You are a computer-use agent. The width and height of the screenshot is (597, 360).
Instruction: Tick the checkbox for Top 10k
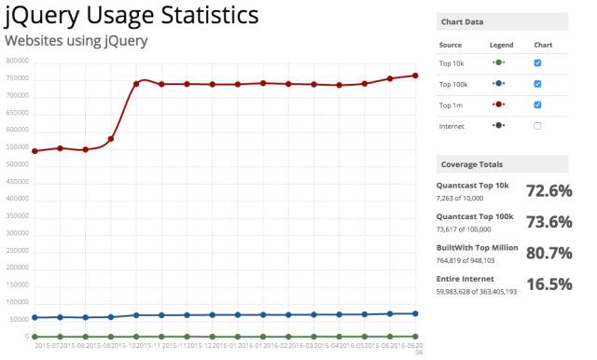tap(537, 62)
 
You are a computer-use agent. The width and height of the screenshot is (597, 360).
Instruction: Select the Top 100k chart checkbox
tap(537, 83)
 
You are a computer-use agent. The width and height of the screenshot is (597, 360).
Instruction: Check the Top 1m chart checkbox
tap(537, 104)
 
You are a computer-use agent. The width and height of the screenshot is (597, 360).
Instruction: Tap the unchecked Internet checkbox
tap(537, 125)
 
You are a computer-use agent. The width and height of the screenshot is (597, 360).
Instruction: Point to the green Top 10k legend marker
tap(498, 62)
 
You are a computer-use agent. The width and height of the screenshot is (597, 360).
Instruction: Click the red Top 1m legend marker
tap(498, 104)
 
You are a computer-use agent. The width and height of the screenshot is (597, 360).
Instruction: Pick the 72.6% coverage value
tap(548, 190)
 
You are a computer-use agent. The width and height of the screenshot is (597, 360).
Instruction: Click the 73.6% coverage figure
tap(548, 221)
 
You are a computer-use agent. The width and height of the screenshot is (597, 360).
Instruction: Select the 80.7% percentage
tap(548, 253)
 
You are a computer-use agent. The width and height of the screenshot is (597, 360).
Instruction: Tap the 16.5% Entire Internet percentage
tap(548, 284)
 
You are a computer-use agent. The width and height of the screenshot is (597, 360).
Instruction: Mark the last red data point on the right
tap(415, 76)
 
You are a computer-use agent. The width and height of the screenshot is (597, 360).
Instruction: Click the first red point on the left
tap(35, 151)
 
